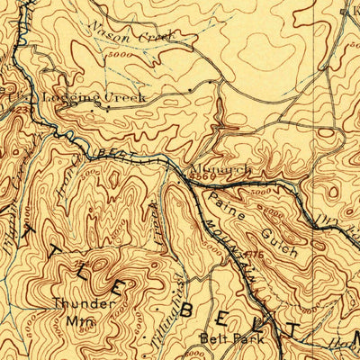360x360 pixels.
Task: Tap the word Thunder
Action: point(84,303)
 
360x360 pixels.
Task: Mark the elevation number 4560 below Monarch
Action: point(199,178)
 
